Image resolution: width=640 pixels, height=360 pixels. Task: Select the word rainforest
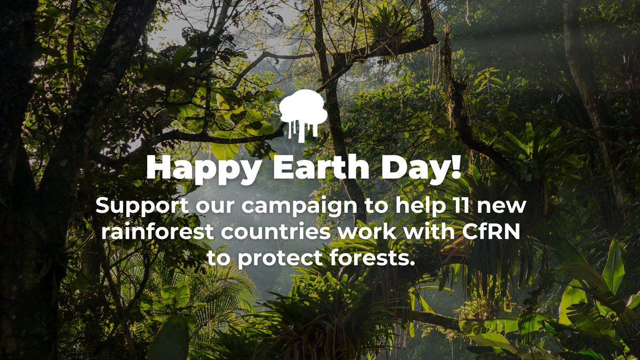point(152,232)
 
